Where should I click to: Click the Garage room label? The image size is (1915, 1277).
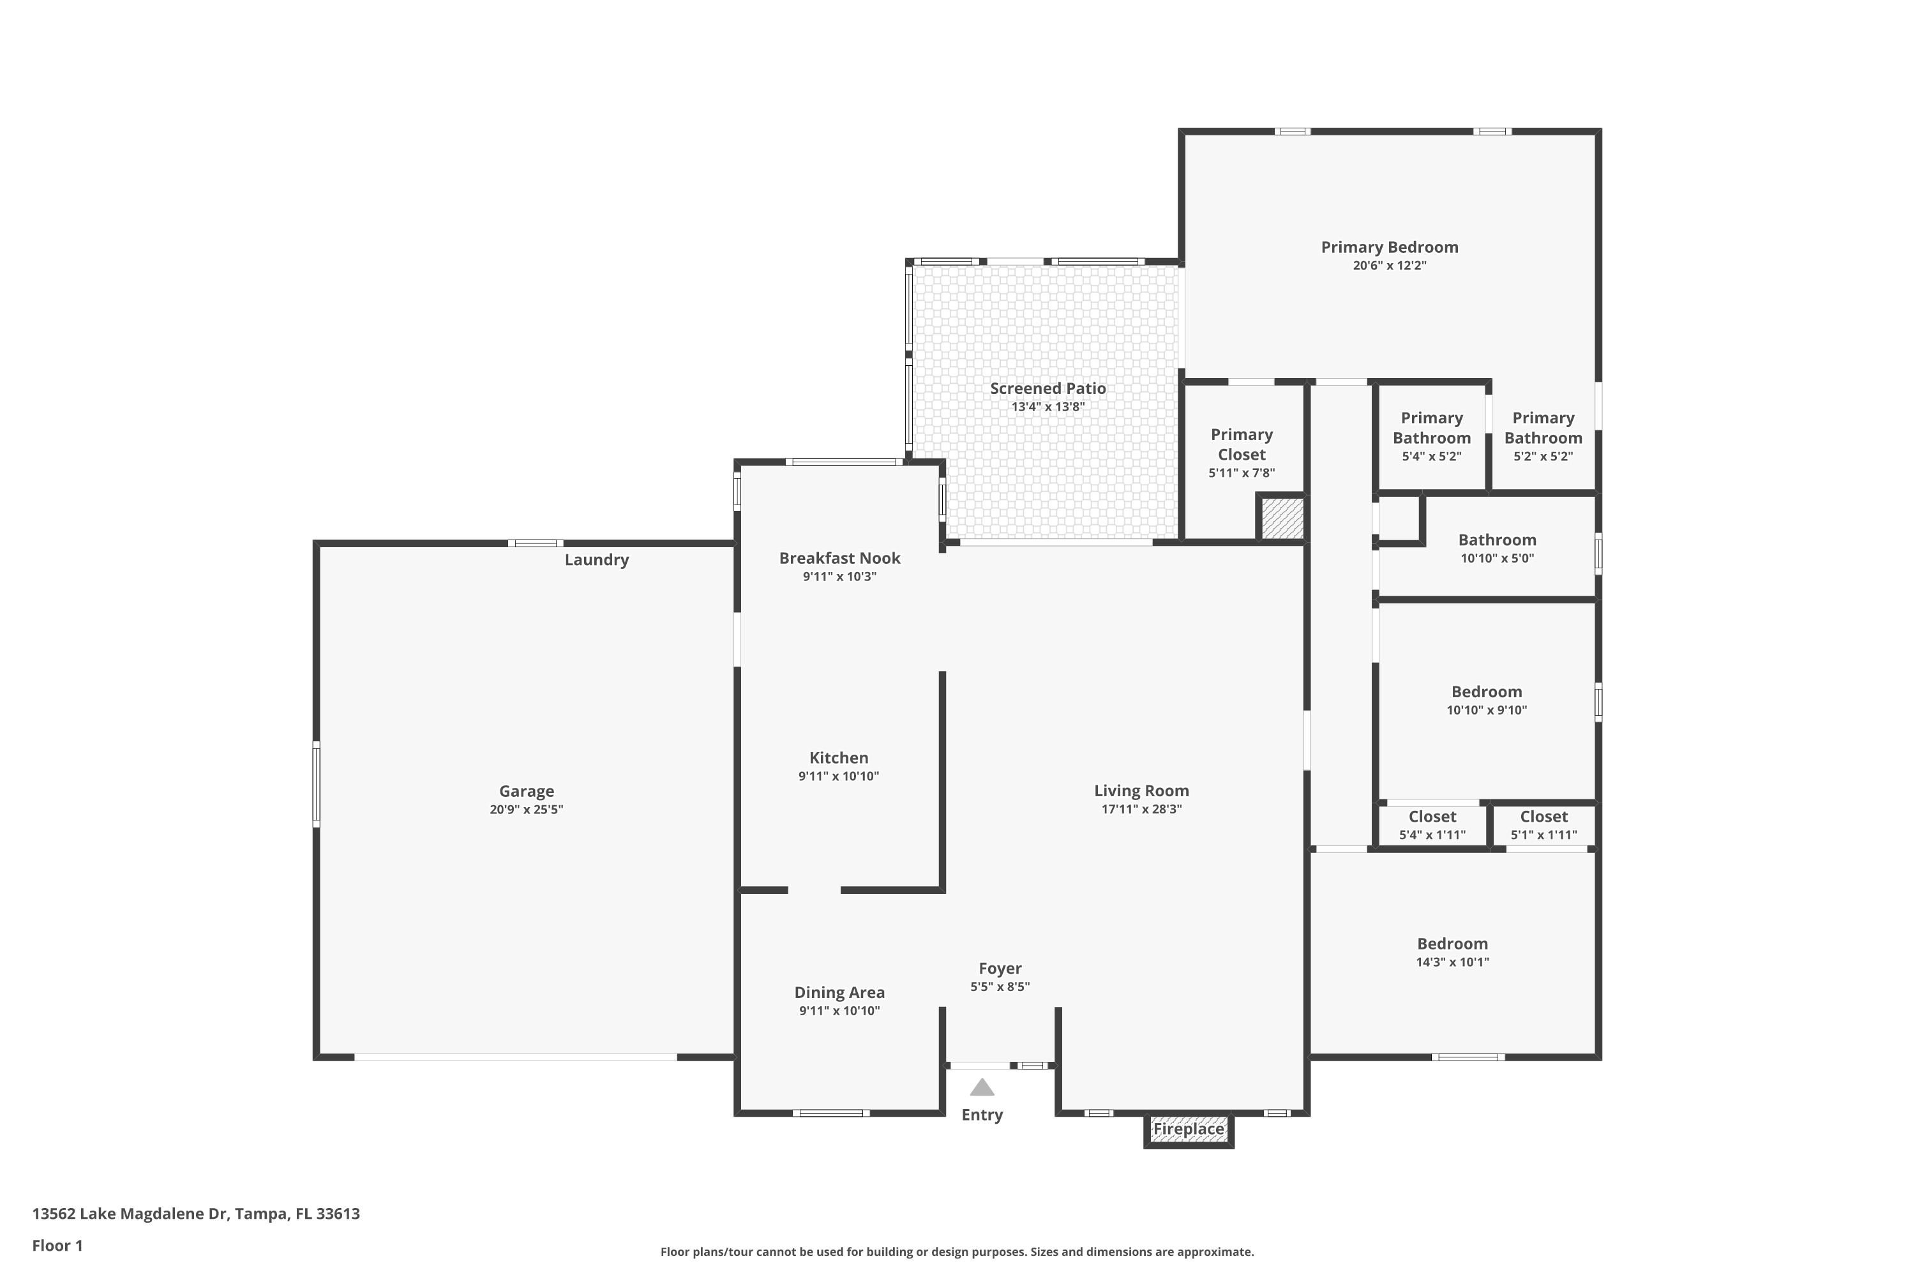click(x=526, y=791)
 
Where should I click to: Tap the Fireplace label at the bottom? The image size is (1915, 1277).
click(x=1188, y=1129)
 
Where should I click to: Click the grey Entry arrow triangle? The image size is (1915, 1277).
click(x=982, y=1087)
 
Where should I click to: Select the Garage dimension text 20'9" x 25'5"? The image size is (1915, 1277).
click(x=526, y=810)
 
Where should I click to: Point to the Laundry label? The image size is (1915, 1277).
click(x=596, y=559)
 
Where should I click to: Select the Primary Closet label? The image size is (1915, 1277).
click(x=1241, y=444)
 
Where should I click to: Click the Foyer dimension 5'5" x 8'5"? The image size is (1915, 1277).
click(x=999, y=987)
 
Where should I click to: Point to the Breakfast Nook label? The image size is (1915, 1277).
click(x=839, y=558)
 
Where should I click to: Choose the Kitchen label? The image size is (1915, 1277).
click(x=839, y=757)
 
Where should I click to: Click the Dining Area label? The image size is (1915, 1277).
click(x=839, y=992)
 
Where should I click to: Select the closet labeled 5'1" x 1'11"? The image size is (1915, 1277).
click(x=1543, y=825)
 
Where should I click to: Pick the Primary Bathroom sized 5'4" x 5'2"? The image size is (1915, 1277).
click(x=1431, y=437)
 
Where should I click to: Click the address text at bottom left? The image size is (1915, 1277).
click(x=195, y=1214)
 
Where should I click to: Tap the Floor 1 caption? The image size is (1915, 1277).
click(x=57, y=1245)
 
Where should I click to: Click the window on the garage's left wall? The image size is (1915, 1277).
click(x=317, y=784)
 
